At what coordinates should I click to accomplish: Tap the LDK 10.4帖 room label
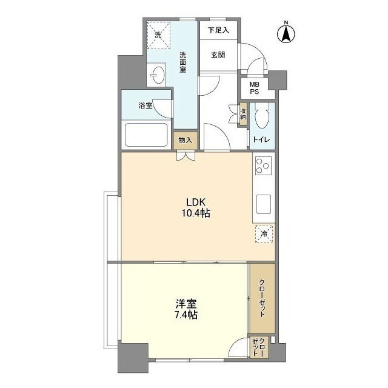[196, 207]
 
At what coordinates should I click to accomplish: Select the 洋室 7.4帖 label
[186, 309]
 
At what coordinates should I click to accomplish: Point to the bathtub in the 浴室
[146, 135]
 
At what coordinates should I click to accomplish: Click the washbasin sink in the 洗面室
[156, 74]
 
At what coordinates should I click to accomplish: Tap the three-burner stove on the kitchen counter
[263, 166]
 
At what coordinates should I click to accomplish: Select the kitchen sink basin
[264, 204]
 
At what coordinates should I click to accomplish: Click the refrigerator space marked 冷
[264, 233]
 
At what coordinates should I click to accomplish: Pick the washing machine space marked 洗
[158, 35]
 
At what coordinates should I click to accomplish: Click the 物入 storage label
[186, 140]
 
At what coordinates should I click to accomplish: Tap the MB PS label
[255, 88]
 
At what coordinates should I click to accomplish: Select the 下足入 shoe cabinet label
[218, 30]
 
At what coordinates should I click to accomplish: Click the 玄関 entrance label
[218, 55]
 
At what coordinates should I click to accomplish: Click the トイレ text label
[261, 140]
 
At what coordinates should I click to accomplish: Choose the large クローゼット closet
[262, 298]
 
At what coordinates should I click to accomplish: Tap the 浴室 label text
[145, 106]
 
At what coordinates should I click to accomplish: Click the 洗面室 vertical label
[183, 62]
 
